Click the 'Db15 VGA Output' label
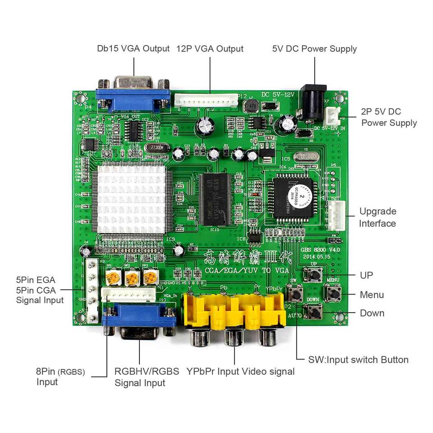coord(134,49)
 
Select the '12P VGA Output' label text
coord(210,49)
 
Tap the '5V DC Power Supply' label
coord(314,49)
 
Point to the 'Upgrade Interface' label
coord(378,217)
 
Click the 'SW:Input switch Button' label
coord(358,359)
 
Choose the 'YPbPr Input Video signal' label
coord(240,371)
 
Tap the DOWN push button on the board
coord(313,312)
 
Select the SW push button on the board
coord(295,295)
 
